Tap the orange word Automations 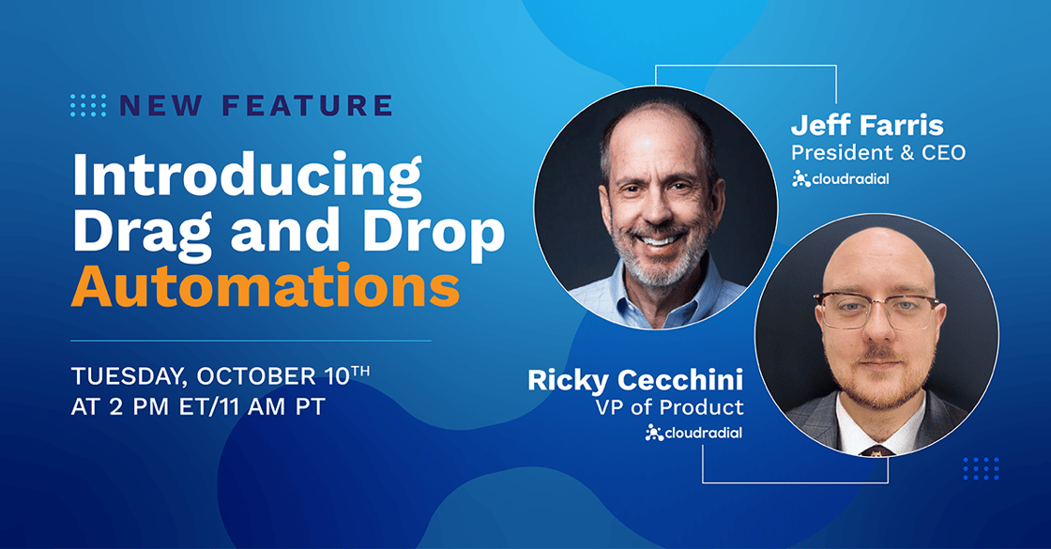[266, 287]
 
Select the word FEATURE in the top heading [307, 105]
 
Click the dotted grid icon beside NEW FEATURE [88, 105]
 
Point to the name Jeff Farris [867, 126]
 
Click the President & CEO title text [878, 153]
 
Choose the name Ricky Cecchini [635, 380]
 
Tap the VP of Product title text [670, 407]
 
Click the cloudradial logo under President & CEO [841, 179]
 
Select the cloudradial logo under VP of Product [693, 433]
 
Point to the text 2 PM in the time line [139, 407]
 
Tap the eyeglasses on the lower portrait [876, 311]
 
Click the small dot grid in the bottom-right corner [981, 468]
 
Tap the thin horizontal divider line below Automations [251, 341]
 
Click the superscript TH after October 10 [360, 370]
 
